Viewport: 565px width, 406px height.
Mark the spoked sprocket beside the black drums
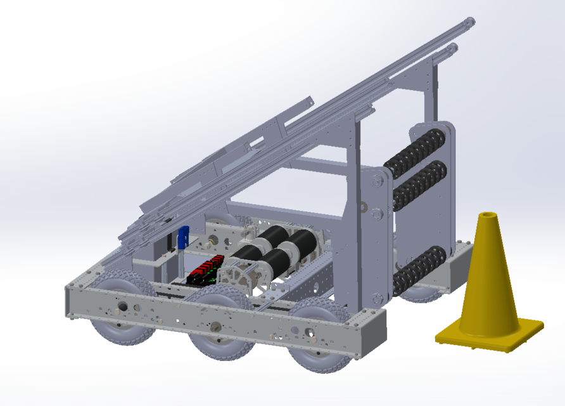click(236, 280)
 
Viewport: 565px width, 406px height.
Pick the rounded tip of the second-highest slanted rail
click(452, 48)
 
